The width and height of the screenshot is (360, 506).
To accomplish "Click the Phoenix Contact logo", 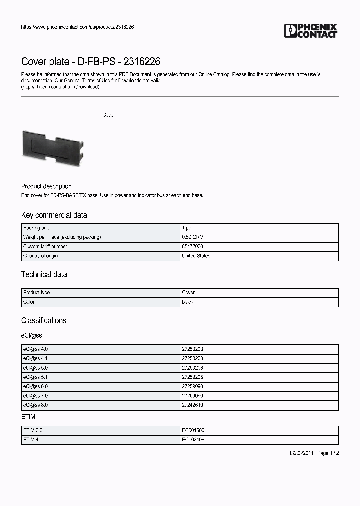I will click(x=311, y=31).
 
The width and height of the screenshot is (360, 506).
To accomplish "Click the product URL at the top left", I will click(x=77, y=27).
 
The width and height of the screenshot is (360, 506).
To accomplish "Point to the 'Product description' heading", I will click(x=46, y=186).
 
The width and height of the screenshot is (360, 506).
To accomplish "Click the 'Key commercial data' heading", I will click(x=54, y=215).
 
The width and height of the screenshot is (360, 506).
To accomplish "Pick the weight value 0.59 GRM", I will click(x=192, y=237).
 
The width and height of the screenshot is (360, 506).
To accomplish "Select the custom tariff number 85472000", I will click(x=193, y=246).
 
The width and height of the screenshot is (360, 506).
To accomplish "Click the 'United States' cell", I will click(x=196, y=256).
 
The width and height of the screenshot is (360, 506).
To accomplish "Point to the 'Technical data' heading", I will click(x=44, y=274).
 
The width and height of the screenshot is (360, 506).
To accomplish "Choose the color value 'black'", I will click(x=188, y=302).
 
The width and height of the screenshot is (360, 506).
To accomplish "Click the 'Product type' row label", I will click(x=36, y=293).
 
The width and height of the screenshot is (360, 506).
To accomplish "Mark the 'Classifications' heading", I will click(x=43, y=320).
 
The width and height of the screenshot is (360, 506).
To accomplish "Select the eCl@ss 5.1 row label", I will click(x=35, y=377).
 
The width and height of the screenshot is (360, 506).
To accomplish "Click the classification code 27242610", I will click(x=193, y=405).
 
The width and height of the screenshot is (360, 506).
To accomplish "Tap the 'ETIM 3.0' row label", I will click(x=33, y=430).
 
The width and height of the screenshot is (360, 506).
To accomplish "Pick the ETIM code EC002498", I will click(x=193, y=440).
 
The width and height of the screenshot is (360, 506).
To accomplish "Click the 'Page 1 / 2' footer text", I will click(x=328, y=453).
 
